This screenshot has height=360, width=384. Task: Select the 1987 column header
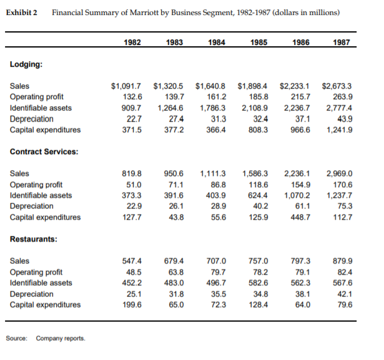point(341,42)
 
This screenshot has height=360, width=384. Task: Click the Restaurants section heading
point(32,239)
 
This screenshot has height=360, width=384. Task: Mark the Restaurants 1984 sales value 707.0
point(216,261)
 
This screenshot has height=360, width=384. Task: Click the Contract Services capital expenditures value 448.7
point(300,217)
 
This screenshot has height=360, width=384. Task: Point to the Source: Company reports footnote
point(45,338)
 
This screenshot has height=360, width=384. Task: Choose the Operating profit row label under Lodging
point(36,97)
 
